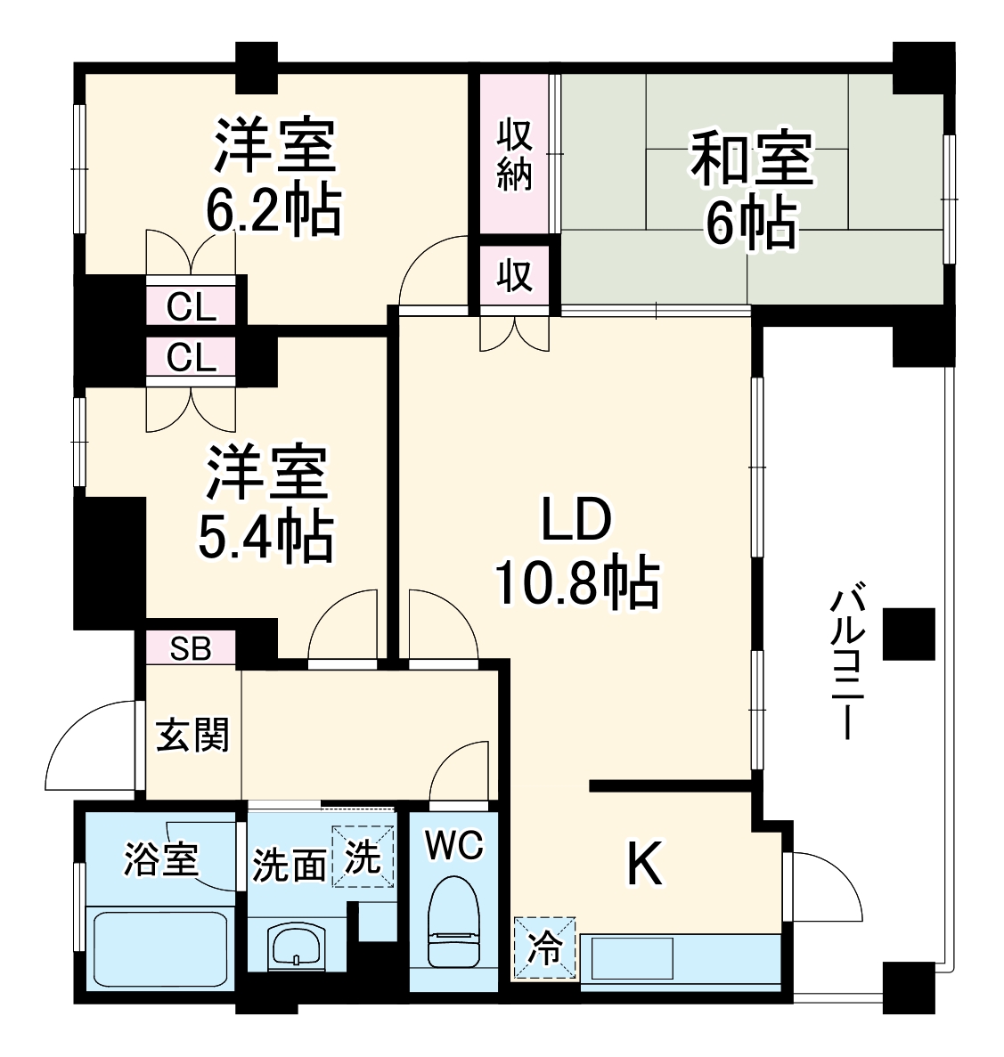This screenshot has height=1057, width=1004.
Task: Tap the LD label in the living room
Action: [576, 522]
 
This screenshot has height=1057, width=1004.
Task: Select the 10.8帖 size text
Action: [576, 584]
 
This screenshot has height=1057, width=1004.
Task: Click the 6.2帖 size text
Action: [273, 210]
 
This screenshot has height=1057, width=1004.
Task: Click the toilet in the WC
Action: [453, 922]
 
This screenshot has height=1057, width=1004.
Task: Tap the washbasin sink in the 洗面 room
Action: [296, 946]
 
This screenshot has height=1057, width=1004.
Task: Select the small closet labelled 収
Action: [514, 276]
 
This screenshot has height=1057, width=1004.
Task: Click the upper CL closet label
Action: [192, 308]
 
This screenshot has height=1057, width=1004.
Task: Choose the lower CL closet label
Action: [192, 358]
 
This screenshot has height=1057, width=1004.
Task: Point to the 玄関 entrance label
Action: [193, 736]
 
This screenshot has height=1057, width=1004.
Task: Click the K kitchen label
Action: [645, 864]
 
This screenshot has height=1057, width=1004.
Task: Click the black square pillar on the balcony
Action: [908, 633]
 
